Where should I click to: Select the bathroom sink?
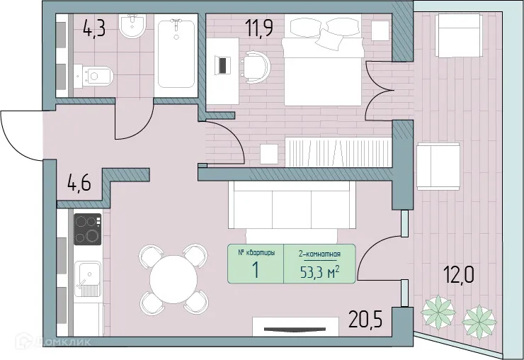coord(132,28)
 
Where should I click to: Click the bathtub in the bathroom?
coord(176,54)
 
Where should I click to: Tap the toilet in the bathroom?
coord(97,74)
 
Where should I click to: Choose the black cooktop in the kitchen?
coord(88,229)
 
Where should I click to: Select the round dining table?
coord(174,279)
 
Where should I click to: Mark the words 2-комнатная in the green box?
coord(320,253)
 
